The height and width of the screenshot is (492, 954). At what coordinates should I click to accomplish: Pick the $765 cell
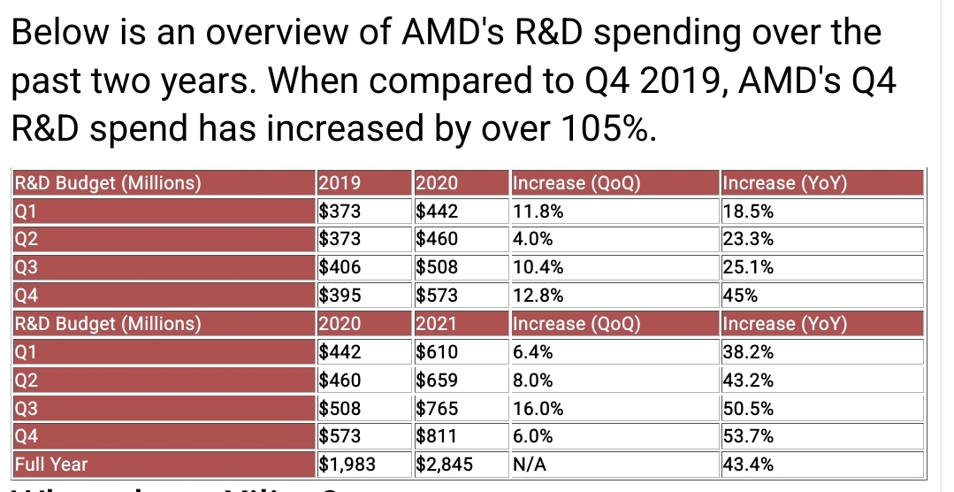tap(436, 407)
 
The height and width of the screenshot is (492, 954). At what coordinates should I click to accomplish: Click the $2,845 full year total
tap(444, 463)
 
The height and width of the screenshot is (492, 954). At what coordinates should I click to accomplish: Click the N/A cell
tap(529, 463)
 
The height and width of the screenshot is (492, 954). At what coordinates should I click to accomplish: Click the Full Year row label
tap(51, 463)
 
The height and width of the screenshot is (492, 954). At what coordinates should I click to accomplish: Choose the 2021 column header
tap(436, 323)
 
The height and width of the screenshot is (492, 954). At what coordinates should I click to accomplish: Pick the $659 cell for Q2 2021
tap(436, 379)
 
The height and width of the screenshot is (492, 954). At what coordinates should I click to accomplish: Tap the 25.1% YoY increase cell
tap(748, 267)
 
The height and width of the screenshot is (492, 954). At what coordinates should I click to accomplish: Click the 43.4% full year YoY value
tap(748, 463)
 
